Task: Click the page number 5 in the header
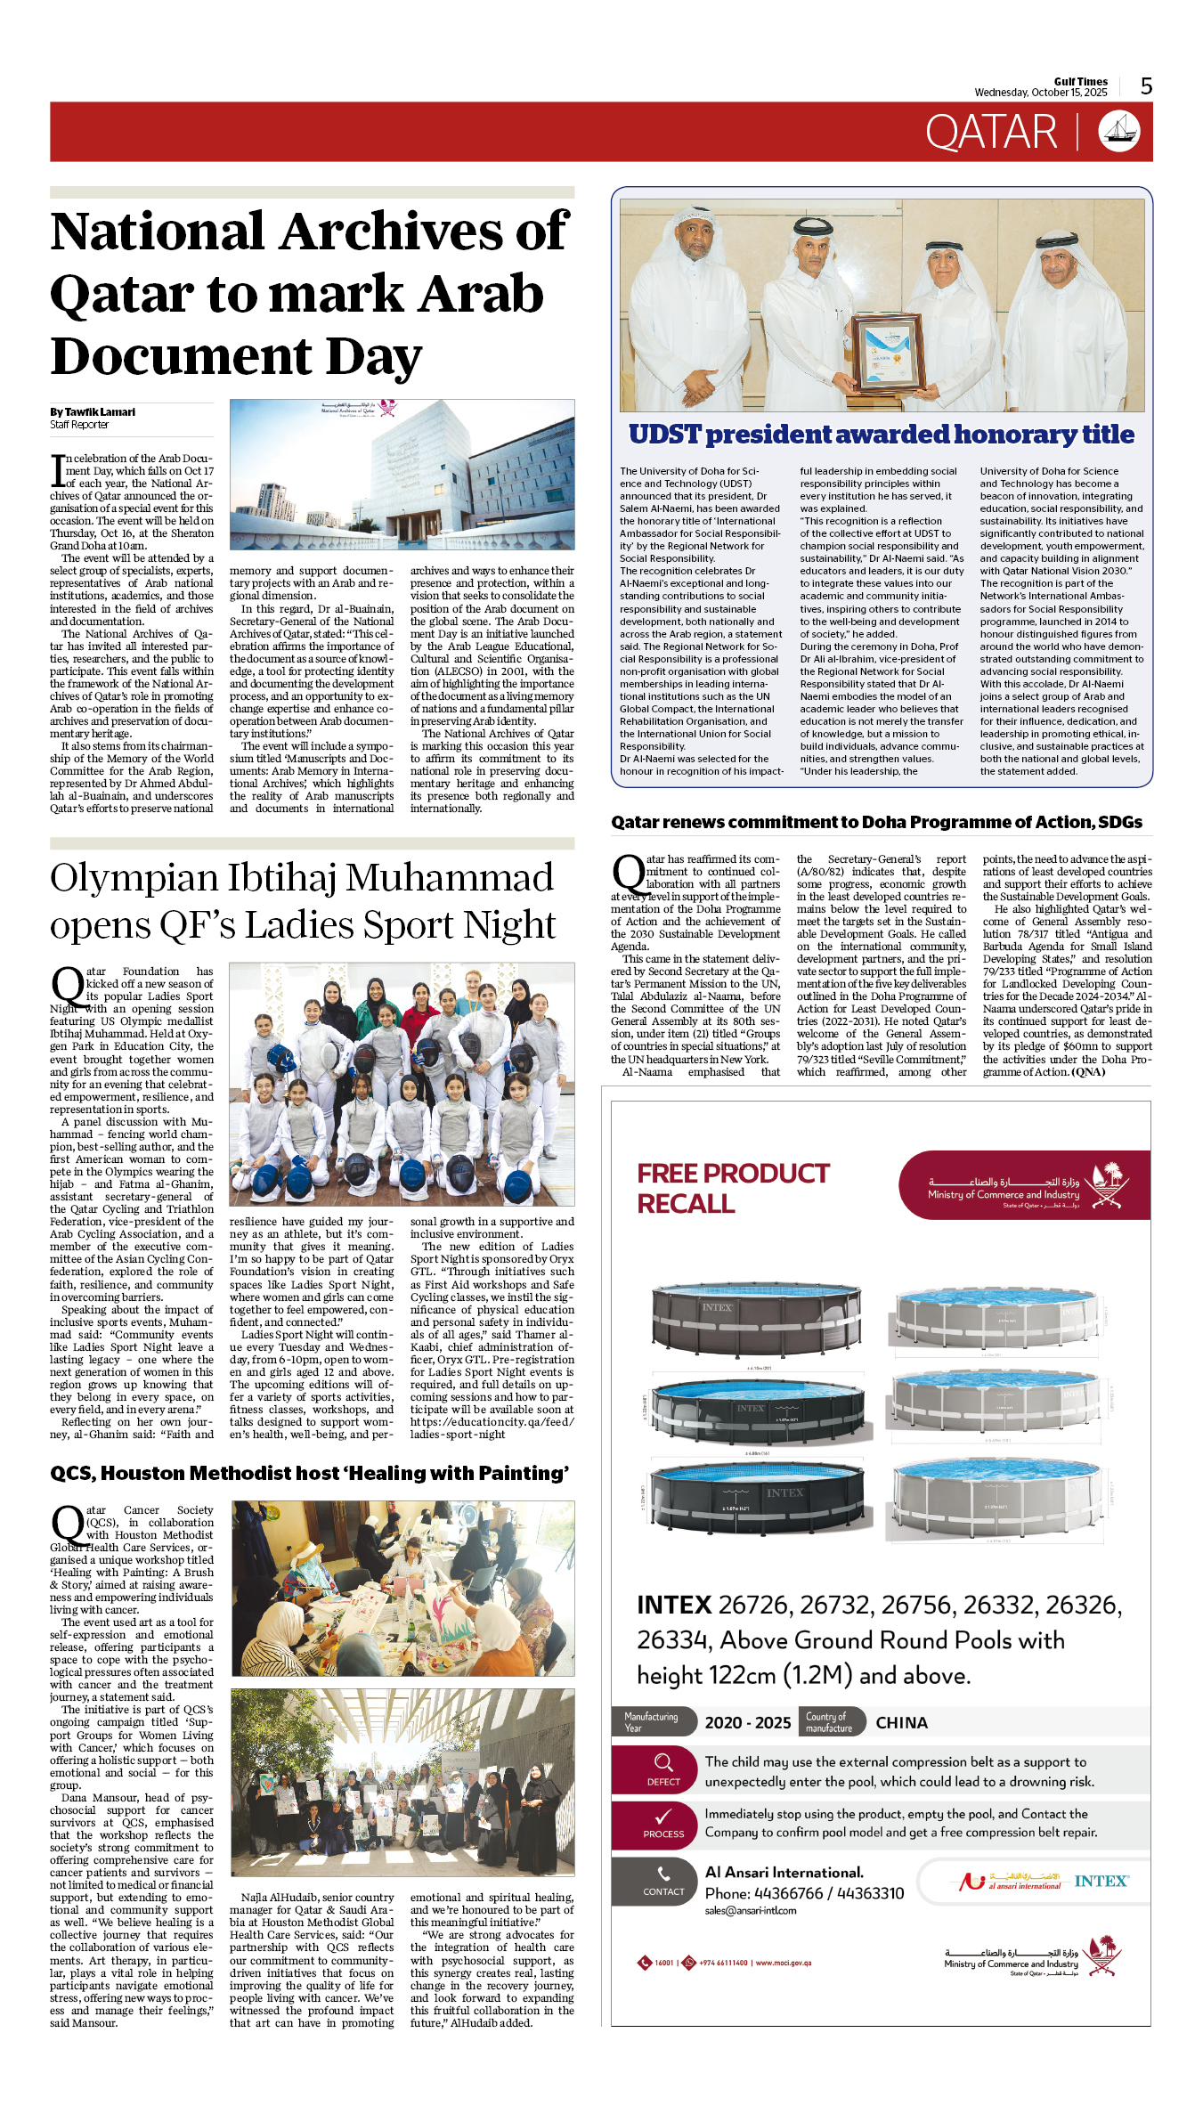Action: pyautogui.click(x=1146, y=86)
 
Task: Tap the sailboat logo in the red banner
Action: pyautogui.click(x=1119, y=131)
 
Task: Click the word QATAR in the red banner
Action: pyautogui.click(x=990, y=133)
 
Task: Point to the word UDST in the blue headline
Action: pyautogui.click(x=664, y=435)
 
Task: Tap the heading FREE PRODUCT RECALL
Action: pyautogui.click(x=732, y=1188)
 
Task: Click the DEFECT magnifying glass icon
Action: pyautogui.click(x=663, y=1762)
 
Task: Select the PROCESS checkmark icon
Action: pyautogui.click(x=663, y=1817)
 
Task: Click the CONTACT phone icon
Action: pyautogui.click(x=663, y=1874)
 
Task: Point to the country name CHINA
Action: pyautogui.click(x=901, y=1723)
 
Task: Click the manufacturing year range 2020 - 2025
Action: pyautogui.click(x=747, y=1723)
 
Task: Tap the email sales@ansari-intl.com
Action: pyautogui.click(x=750, y=1910)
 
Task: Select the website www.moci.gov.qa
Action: pyautogui.click(x=783, y=1963)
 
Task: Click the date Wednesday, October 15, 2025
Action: pyautogui.click(x=1040, y=93)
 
